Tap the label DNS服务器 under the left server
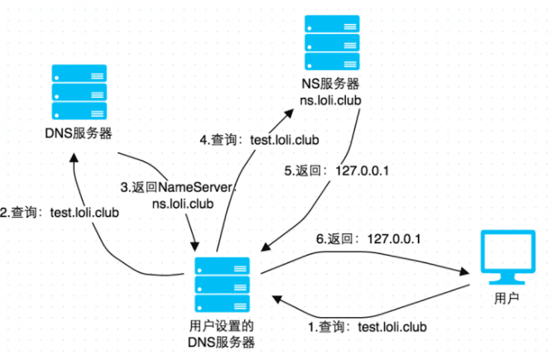click(79, 132)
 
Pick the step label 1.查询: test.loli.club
click(367, 327)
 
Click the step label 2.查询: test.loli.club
click(60, 213)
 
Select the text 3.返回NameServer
click(185, 187)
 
